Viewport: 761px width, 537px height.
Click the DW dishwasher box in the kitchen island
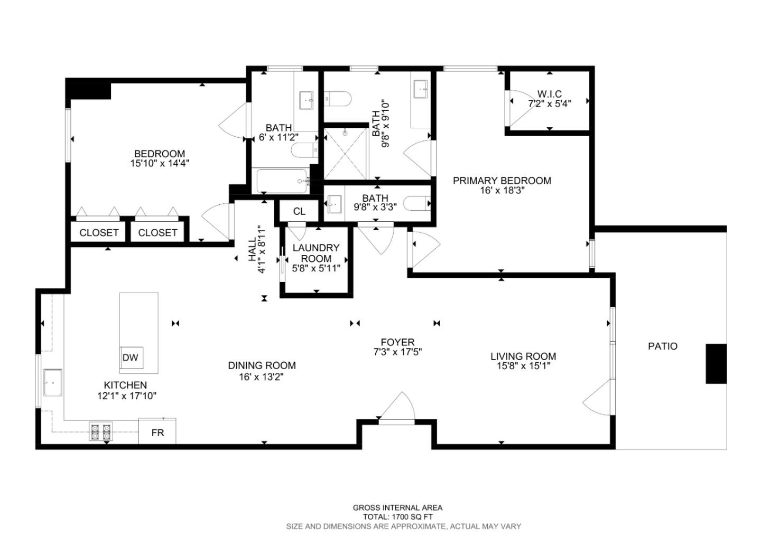point(131,357)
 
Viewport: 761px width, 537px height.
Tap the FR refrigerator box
point(157,432)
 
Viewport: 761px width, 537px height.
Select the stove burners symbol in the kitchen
point(101,432)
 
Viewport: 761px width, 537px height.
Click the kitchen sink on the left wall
point(52,383)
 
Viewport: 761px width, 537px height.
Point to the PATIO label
point(662,346)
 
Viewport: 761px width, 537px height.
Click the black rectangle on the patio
point(716,363)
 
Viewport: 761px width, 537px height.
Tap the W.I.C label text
point(550,94)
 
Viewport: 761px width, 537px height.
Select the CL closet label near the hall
point(299,212)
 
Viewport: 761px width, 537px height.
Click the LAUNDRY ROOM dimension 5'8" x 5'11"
point(316,268)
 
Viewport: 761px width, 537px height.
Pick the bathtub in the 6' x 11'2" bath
point(282,181)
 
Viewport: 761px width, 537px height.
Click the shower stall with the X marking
point(345,153)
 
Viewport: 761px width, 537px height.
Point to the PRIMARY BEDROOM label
point(502,181)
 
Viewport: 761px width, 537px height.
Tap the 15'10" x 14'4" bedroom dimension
point(160,164)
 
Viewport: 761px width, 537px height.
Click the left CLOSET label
point(99,233)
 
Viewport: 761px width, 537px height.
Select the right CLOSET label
point(157,233)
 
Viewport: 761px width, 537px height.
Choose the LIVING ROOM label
point(523,356)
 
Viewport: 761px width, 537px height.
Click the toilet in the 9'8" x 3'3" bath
point(417,203)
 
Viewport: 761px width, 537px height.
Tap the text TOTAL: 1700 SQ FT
point(397,517)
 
